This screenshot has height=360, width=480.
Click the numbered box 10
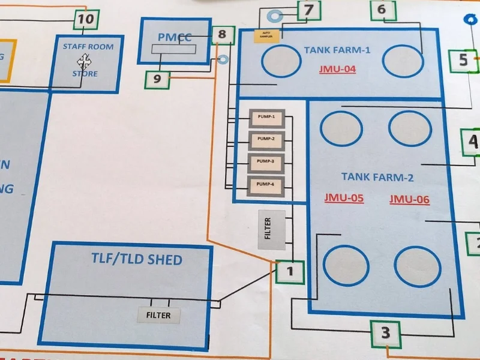click(x=86, y=19)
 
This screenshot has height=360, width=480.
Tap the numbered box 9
click(x=157, y=78)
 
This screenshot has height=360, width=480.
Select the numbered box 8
click(x=223, y=35)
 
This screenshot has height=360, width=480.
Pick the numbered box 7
click(x=308, y=10)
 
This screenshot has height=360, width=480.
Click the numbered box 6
click(x=382, y=10)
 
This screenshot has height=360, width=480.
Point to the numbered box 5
click(x=463, y=59)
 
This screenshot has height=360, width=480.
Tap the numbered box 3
click(x=385, y=332)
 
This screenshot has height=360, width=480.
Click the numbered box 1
click(x=290, y=271)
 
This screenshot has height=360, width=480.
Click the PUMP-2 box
click(x=266, y=140)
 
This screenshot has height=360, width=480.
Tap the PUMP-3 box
click(x=266, y=162)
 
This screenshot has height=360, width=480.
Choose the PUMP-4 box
click(x=266, y=185)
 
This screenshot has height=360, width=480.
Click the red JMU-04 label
click(x=337, y=69)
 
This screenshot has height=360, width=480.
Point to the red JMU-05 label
click(x=344, y=197)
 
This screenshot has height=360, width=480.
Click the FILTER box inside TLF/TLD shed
click(x=158, y=314)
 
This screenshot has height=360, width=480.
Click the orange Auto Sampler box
click(x=264, y=35)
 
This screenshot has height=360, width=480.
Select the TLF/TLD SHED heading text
click(x=137, y=260)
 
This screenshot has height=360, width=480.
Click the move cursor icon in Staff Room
click(x=83, y=61)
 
